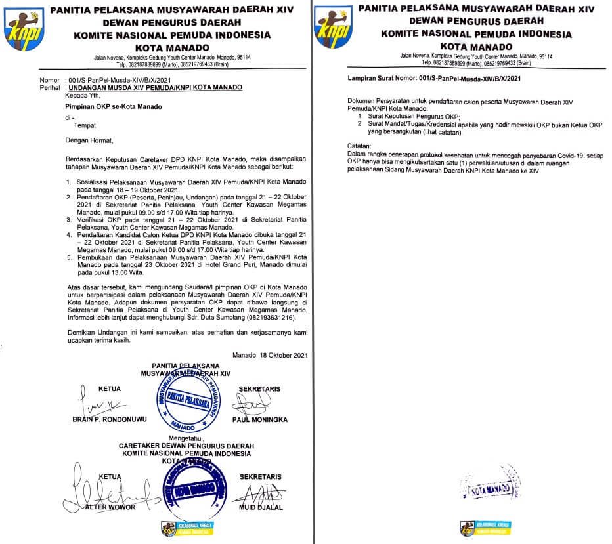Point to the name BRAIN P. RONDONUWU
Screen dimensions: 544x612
[100, 418]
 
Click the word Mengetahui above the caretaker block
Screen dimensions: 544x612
[186, 437]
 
